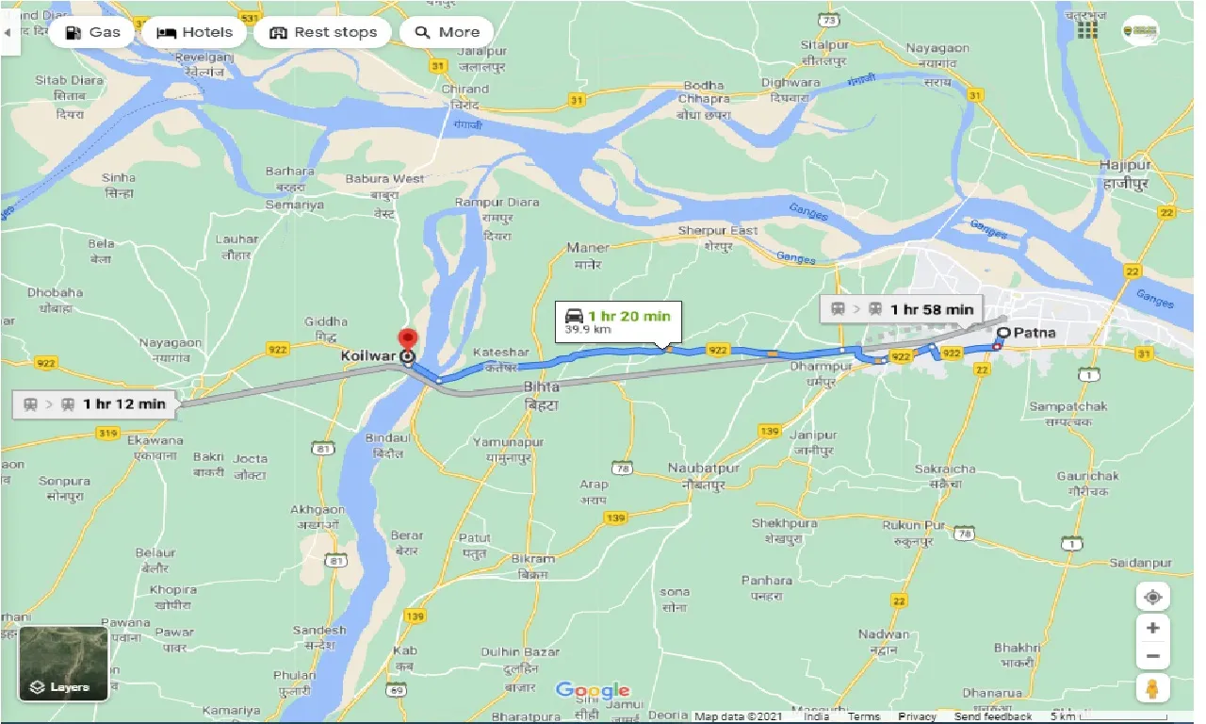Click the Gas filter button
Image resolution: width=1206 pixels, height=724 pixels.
tap(93, 32)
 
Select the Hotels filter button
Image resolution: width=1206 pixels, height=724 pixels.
tap(195, 32)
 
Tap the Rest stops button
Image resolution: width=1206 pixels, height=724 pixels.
tap(323, 32)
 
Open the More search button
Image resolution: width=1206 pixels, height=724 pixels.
tap(447, 32)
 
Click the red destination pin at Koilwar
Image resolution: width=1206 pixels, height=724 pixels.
tap(407, 340)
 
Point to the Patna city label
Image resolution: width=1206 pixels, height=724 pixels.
tap(1035, 332)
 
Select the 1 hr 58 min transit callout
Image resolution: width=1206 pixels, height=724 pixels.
tap(902, 309)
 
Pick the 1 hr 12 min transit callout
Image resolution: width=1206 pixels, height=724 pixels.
tap(93, 404)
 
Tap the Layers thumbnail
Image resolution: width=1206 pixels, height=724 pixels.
tap(63, 664)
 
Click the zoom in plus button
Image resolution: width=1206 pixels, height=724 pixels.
tap(1152, 628)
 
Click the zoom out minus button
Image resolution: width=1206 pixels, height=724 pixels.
tap(1152, 657)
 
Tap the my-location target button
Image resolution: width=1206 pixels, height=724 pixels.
tap(1152, 597)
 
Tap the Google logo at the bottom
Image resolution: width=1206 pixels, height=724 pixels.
tap(592, 690)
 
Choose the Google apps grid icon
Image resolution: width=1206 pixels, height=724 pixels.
tap(1087, 30)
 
